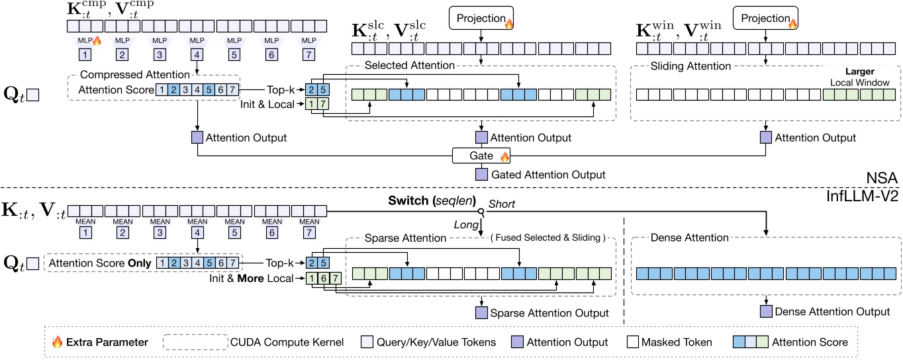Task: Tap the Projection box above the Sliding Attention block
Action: [766, 18]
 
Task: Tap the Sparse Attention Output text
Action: [549, 312]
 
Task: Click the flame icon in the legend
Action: [58, 342]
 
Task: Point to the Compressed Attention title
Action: [134, 74]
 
